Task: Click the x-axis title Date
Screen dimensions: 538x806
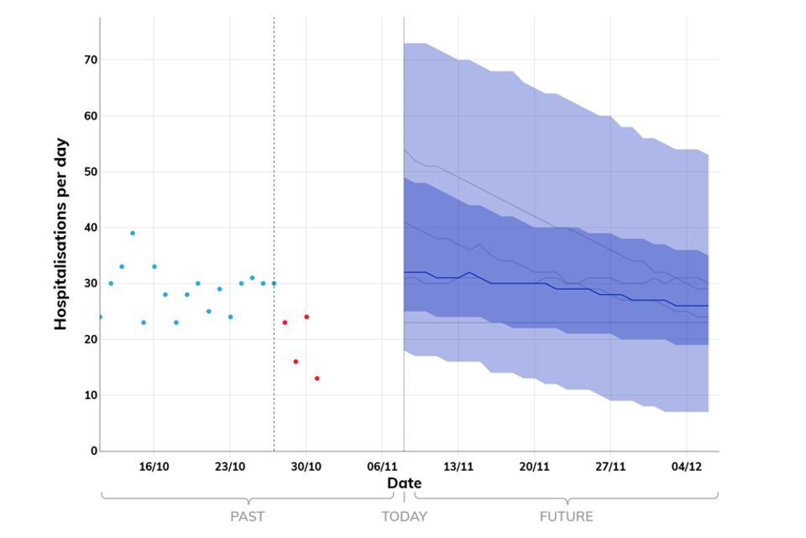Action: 404,483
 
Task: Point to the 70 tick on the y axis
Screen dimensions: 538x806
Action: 88,60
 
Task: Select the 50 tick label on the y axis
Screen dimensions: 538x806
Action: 88,171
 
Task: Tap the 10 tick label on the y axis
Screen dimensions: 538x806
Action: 88,395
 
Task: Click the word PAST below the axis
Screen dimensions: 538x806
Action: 249,516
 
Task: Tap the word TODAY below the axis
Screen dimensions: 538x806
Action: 404,516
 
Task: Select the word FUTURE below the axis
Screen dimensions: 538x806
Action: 566,516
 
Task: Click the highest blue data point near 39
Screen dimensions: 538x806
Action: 133,233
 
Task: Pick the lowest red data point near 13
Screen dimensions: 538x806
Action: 317,378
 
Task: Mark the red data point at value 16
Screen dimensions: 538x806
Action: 296,361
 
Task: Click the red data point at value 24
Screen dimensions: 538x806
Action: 306,317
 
